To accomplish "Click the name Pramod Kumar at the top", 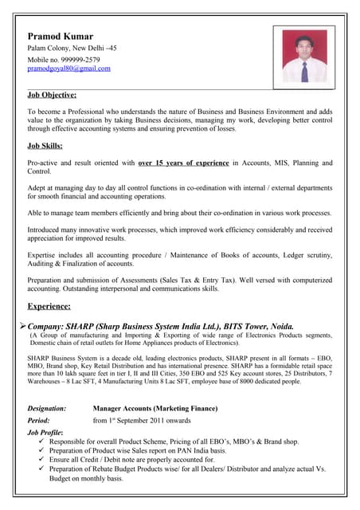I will click(x=60, y=37).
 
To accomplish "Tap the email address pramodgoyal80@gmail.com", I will click(x=68, y=69).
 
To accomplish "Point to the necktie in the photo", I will click(x=303, y=72).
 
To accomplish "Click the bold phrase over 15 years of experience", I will click(x=183, y=163).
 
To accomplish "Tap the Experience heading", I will click(x=49, y=306).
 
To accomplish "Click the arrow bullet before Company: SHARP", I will click(x=22, y=326).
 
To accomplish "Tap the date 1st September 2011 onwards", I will click(x=142, y=420).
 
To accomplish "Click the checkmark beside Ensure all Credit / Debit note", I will click(x=41, y=460).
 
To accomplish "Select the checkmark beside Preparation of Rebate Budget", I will click(x=41, y=469).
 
